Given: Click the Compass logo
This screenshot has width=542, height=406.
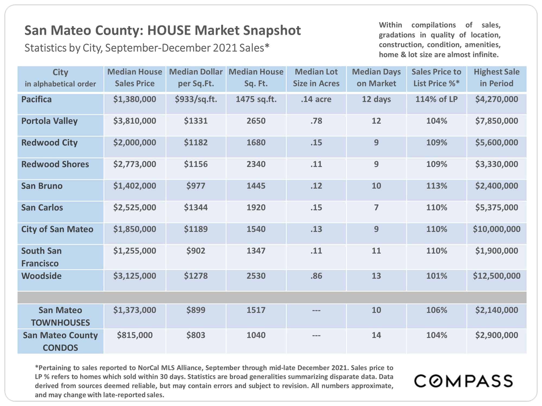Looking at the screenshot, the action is (x=463, y=381).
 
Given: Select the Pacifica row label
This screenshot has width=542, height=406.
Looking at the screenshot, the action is (x=36, y=99).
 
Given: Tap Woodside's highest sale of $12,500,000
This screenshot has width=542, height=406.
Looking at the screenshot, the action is (x=496, y=276).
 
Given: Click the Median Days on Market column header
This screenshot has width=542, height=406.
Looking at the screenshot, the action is (x=376, y=78).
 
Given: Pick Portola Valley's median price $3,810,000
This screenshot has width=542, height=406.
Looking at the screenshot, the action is (x=135, y=121).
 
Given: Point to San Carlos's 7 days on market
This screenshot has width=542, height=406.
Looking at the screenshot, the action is (x=376, y=207).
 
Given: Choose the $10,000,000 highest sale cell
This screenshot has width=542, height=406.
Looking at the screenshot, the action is (x=496, y=229).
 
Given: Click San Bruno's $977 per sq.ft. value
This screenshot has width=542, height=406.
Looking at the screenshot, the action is (x=196, y=186).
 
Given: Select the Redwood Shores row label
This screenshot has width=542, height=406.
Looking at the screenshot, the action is (x=55, y=164).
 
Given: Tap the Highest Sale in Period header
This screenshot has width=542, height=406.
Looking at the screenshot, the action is (x=496, y=78).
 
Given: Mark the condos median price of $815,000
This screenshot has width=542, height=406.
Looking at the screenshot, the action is (x=135, y=335).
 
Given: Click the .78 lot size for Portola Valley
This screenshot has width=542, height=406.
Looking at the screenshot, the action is (x=316, y=121).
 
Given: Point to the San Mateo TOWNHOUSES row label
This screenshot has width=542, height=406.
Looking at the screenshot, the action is (x=60, y=316).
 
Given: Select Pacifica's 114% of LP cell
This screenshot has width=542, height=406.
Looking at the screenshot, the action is (x=436, y=99).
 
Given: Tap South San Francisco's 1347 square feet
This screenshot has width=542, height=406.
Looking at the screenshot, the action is (x=256, y=251).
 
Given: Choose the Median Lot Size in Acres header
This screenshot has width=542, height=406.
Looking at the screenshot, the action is (x=316, y=78).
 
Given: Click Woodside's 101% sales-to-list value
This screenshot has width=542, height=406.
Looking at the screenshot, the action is (x=436, y=276).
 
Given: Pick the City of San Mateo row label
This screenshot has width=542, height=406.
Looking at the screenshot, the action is (x=57, y=229).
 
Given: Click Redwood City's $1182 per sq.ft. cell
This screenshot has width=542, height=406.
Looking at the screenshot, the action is (x=196, y=142).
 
